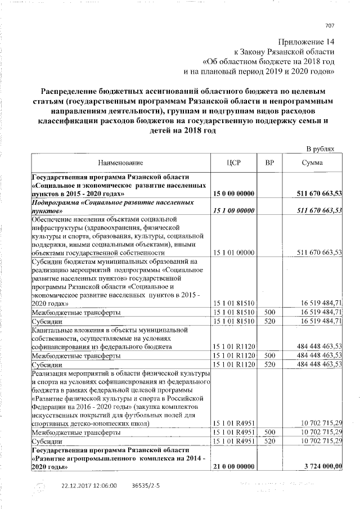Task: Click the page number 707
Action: click(330, 25)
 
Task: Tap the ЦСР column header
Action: click(233, 163)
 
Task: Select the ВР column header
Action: click(269, 163)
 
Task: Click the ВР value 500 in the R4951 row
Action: click(269, 433)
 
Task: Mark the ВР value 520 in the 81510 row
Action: click(269, 321)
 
